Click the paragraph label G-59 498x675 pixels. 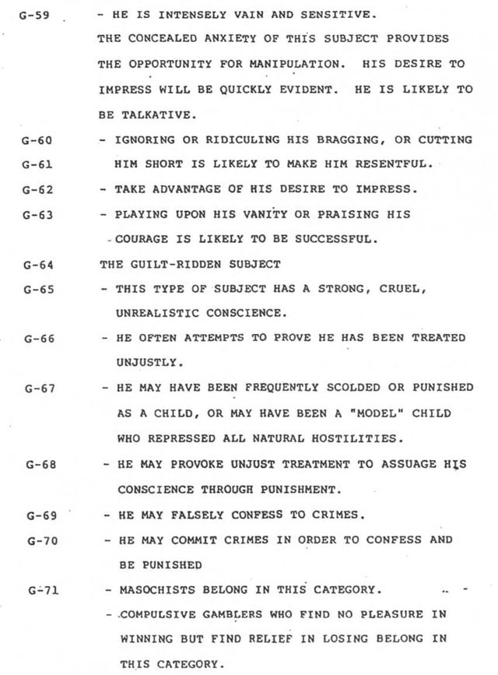click(x=37, y=15)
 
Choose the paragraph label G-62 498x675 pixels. click(x=37, y=189)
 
